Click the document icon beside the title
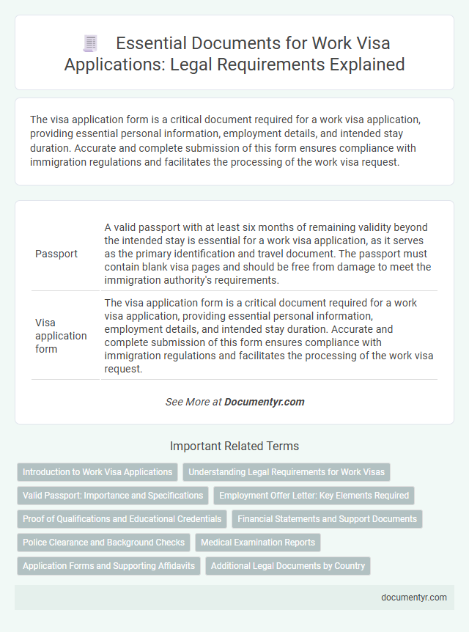pos(90,43)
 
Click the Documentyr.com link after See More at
pos(264,402)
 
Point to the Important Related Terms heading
pos(234,446)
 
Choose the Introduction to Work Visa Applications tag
pos(97,472)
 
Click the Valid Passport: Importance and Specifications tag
pos(113,496)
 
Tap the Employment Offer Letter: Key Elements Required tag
pos(314,496)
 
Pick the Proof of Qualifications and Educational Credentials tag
pos(122,519)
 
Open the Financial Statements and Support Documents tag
pos(327,519)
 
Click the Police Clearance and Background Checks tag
pos(103,543)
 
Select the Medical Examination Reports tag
pos(258,543)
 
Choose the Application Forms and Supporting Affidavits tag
pos(108,566)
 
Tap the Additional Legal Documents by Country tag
pos(288,566)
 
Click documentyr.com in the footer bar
pos(414,597)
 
